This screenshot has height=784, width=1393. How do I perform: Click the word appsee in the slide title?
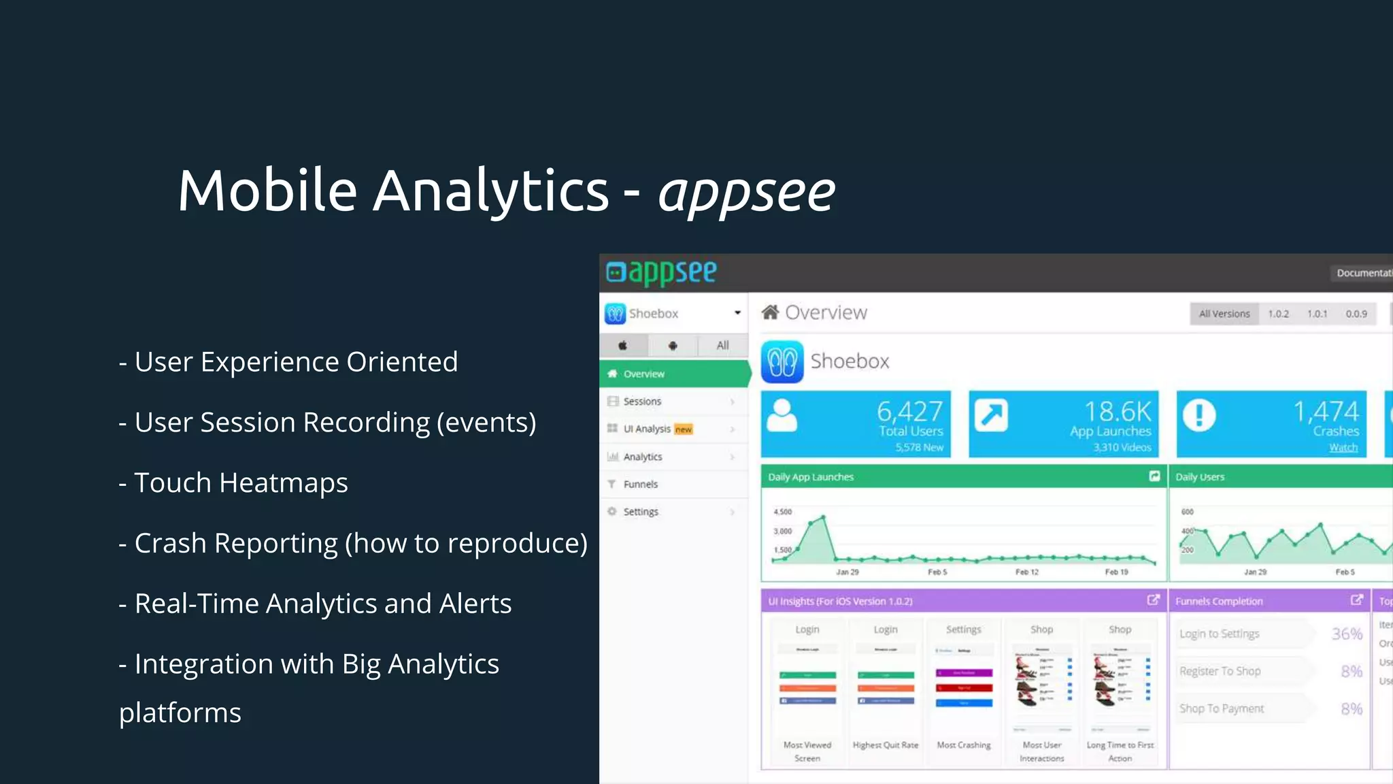(x=746, y=192)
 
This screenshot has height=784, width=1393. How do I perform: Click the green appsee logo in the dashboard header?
(x=662, y=272)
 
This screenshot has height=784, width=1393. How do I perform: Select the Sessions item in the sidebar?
(x=642, y=402)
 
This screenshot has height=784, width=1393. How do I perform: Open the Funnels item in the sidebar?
(x=640, y=484)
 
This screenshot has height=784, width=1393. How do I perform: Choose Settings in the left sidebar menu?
(x=641, y=512)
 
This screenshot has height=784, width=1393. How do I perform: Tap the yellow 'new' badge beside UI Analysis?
(x=684, y=429)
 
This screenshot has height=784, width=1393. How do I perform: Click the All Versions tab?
(x=1224, y=314)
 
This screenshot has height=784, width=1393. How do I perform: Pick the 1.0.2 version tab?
(x=1278, y=314)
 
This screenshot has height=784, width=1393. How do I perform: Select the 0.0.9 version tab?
(x=1356, y=314)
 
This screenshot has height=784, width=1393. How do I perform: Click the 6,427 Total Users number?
(x=909, y=411)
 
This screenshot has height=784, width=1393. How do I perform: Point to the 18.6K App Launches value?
(x=1117, y=411)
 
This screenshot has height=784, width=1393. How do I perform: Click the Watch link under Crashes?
(x=1343, y=447)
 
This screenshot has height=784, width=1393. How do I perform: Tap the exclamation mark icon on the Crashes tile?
(x=1199, y=414)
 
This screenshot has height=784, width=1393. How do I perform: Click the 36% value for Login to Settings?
(x=1347, y=634)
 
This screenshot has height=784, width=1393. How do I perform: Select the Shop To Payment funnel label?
(x=1222, y=708)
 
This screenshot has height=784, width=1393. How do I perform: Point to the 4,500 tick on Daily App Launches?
(x=783, y=512)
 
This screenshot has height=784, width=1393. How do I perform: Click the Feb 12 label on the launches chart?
(x=1027, y=572)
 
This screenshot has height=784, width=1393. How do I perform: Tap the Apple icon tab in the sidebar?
(x=622, y=346)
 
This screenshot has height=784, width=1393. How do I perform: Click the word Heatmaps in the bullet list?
(x=284, y=483)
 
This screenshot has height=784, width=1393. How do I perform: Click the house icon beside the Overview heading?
(x=770, y=312)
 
